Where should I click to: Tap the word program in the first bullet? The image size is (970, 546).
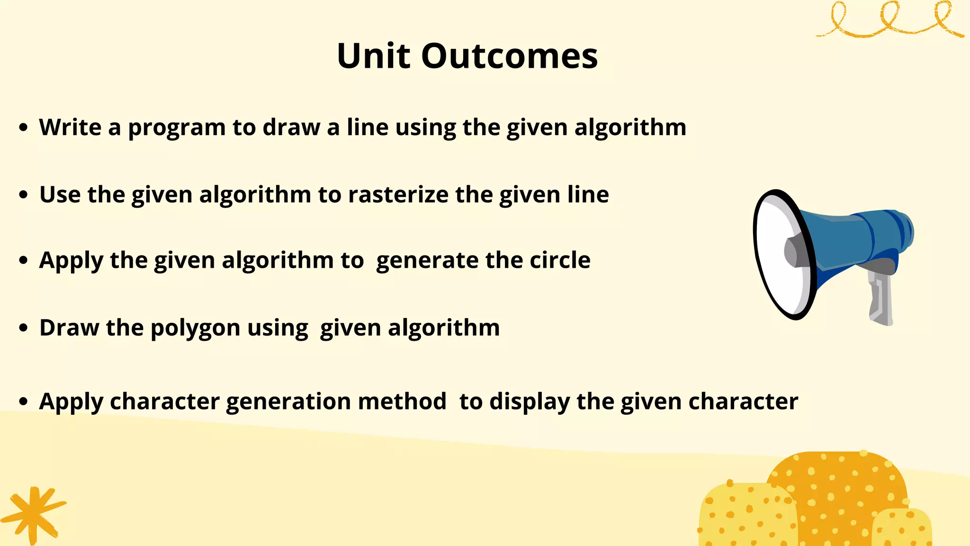point(176,128)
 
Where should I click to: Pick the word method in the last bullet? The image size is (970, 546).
point(402,401)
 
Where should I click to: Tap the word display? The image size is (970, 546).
point(530,402)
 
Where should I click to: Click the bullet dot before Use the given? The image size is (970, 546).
point(24,194)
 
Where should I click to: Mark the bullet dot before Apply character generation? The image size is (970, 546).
point(24,401)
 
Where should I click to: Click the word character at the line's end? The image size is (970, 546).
point(743,401)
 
